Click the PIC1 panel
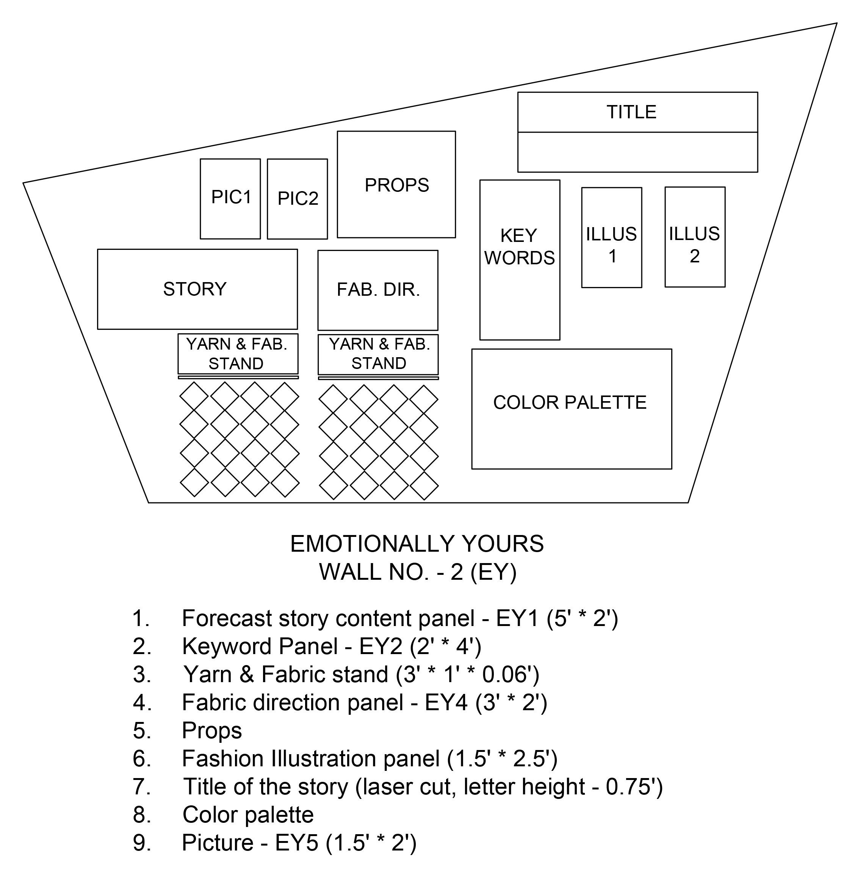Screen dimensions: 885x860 pos(230,198)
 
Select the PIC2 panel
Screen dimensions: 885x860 pos(297,199)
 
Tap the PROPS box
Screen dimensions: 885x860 pos(396,184)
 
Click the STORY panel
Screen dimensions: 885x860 pos(197,289)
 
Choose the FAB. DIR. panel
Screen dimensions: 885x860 pos(378,290)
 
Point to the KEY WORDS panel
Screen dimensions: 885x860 pos(519,260)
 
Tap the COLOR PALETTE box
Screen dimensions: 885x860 pos(572,409)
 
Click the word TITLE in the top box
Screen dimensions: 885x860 pos(631,112)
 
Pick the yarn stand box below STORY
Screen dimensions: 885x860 pos(238,354)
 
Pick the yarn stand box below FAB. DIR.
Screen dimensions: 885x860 pos(378,354)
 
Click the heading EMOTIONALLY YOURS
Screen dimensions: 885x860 pos(417,543)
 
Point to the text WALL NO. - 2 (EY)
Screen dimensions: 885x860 pos(418,572)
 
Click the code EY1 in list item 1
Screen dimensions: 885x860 pos(517,618)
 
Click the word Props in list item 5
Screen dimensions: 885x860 pos(212,731)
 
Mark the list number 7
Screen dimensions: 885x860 pos(141,786)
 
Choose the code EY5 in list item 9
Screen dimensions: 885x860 pos(297,843)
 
